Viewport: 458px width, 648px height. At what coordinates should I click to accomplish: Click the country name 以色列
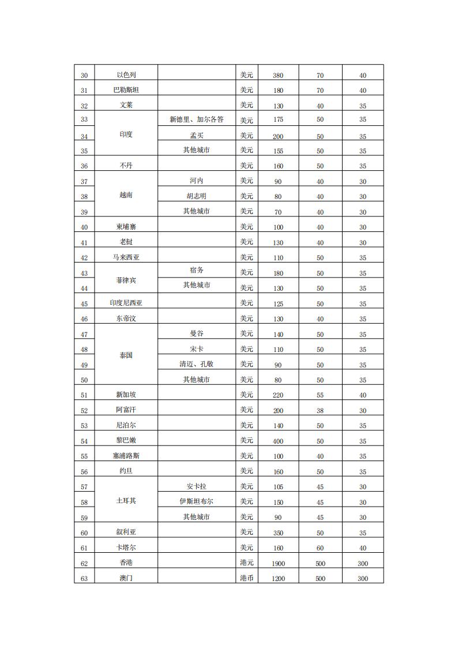(126, 75)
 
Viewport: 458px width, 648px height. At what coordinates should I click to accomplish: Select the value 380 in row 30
(277, 76)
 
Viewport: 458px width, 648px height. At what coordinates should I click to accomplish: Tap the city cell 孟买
(196, 136)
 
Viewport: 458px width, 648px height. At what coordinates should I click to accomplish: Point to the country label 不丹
(126, 166)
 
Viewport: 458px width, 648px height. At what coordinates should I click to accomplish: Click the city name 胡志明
(196, 196)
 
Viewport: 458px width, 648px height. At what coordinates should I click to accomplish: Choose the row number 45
(84, 304)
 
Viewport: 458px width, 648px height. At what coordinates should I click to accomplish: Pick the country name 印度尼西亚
(126, 303)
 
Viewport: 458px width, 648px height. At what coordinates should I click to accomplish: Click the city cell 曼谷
(196, 334)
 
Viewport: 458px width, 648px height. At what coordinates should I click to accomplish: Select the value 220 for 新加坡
(277, 395)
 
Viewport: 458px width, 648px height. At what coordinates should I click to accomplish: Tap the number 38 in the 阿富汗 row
(320, 410)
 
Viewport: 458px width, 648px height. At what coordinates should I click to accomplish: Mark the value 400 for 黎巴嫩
(277, 441)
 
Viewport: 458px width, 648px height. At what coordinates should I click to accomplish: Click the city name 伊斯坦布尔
(196, 501)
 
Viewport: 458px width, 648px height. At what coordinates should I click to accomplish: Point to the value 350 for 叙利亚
(277, 533)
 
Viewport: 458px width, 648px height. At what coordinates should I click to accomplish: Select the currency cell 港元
(247, 563)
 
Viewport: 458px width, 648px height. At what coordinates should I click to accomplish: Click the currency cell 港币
(247, 578)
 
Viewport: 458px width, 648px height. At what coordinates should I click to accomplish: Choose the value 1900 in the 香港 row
(277, 563)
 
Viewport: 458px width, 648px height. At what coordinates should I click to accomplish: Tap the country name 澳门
(126, 578)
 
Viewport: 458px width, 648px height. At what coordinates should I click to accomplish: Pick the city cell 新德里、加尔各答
(196, 120)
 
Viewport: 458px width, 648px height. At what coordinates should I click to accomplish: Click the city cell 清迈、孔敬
(196, 364)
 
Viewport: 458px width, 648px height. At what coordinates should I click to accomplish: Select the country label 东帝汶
(126, 319)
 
